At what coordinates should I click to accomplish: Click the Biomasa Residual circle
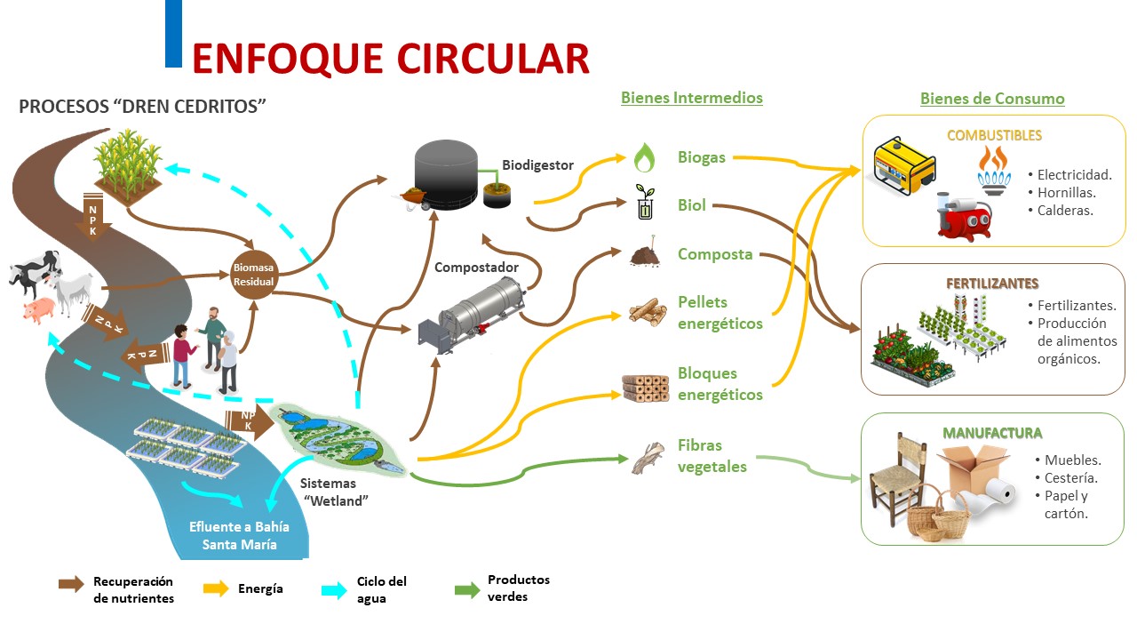coord(254,274)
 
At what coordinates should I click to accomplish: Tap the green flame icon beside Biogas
coord(644,158)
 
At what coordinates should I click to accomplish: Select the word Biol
coord(692,205)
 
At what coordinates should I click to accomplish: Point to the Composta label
coord(715,254)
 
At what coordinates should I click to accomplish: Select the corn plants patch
coord(128,164)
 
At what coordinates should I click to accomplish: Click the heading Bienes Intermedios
coord(691,98)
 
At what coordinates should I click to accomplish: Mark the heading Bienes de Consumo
coord(992,99)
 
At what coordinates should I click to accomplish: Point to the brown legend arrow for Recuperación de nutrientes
coord(71,584)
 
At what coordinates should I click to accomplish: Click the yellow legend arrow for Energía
coord(217,588)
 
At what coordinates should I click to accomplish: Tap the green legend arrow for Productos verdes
coord(466,588)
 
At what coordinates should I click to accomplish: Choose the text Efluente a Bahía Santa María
coord(239,535)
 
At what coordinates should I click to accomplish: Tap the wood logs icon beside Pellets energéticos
coord(648,310)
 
